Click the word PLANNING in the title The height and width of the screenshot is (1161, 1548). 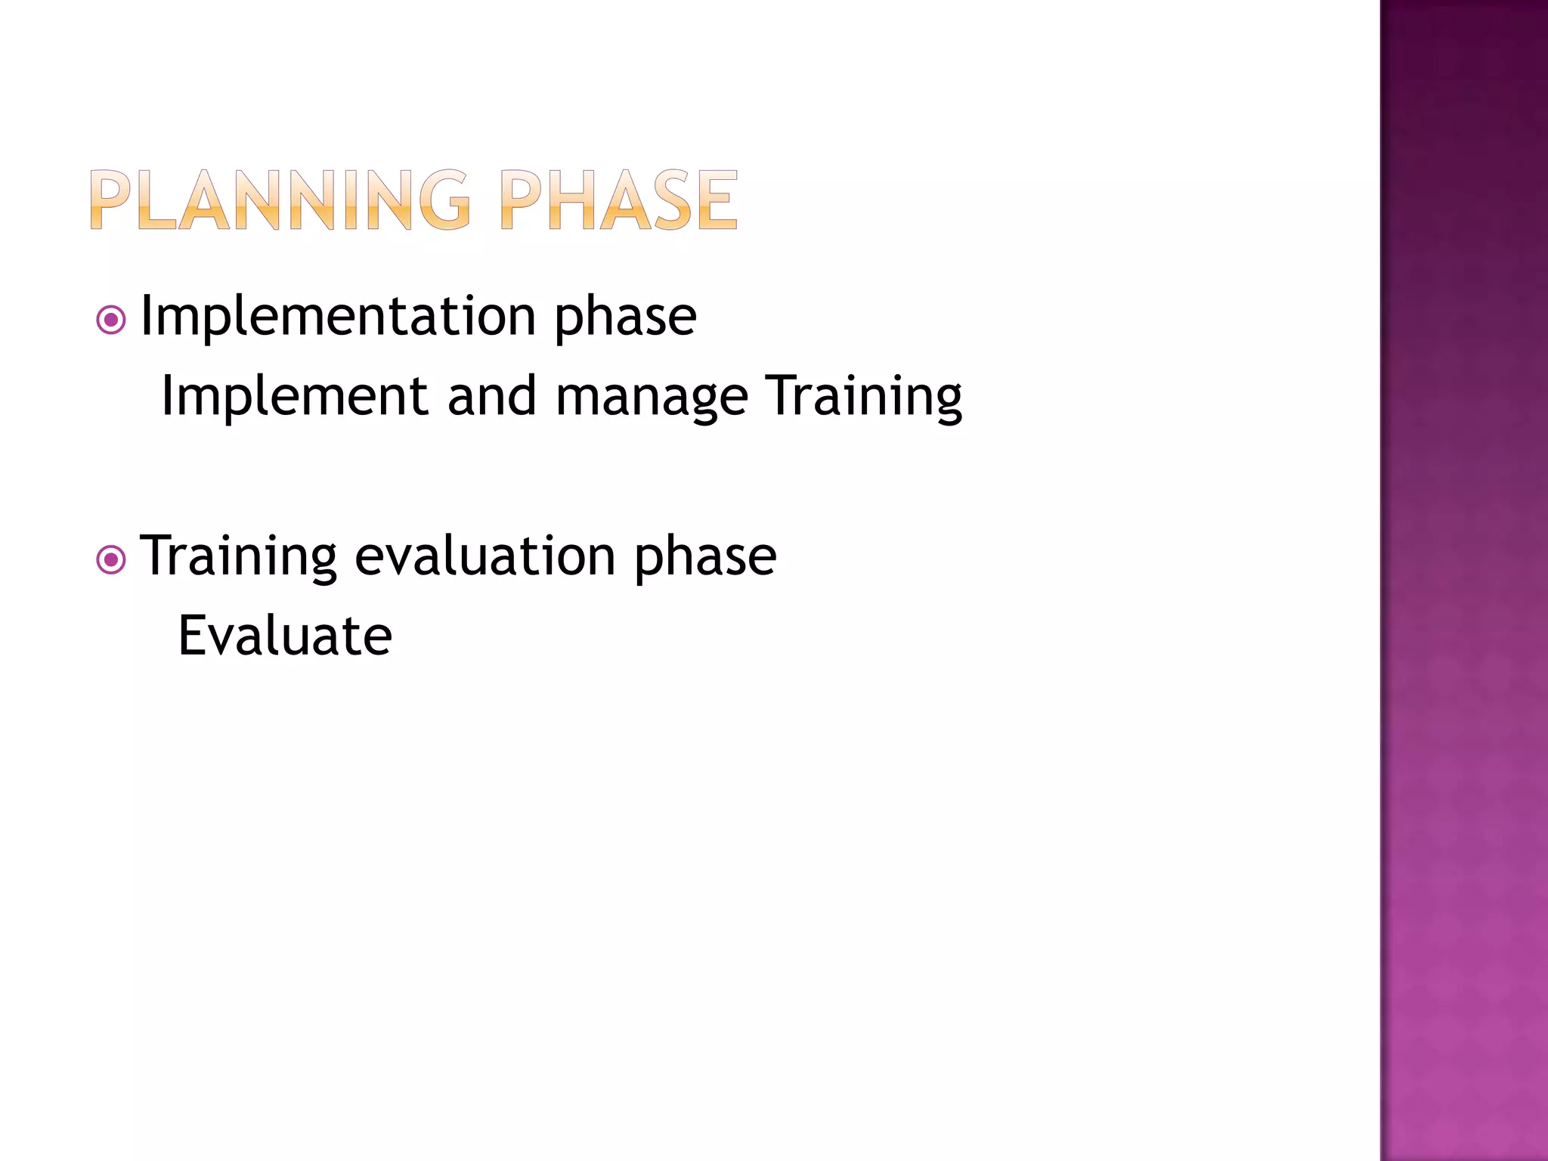click(x=280, y=200)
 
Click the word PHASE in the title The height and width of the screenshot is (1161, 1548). click(x=618, y=200)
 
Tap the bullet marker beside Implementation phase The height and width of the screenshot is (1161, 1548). click(x=111, y=320)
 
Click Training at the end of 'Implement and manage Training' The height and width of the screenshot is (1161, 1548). click(x=864, y=398)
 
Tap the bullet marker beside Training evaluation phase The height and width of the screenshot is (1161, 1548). click(x=111, y=560)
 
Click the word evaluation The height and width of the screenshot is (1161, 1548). click(x=485, y=556)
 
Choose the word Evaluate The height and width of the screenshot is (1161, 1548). click(x=285, y=636)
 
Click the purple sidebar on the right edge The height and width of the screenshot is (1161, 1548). click(x=1463, y=580)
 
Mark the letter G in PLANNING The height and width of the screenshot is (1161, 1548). click(x=444, y=200)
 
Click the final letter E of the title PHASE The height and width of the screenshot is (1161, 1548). click(x=717, y=200)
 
